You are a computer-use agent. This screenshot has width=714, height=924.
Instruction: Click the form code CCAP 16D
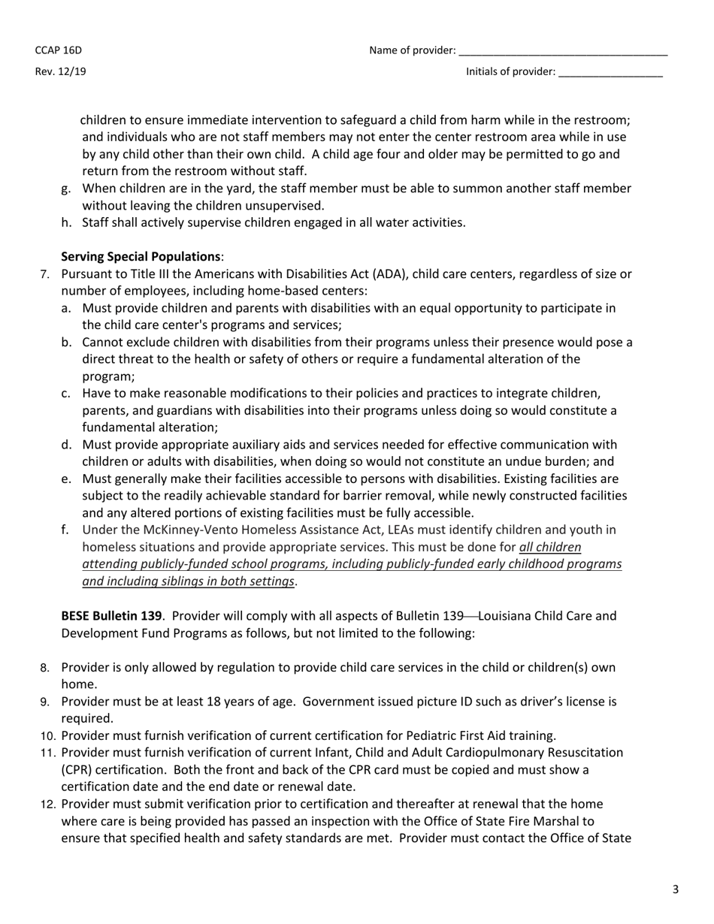pyautogui.click(x=58, y=50)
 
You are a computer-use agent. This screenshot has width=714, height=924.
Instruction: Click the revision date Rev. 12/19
pyautogui.click(x=60, y=72)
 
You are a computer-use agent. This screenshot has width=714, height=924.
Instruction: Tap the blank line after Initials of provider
pyautogui.click(x=610, y=74)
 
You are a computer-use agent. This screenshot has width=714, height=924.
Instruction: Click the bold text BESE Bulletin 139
pyautogui.click(x=111, y=616)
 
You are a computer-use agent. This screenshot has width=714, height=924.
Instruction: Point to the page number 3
pyautogui.click(x=675, y=889)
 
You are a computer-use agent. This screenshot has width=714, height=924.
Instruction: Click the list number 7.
pyautogui.click(x=44, y=274)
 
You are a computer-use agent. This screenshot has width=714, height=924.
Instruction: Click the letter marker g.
pyautogui.click(x=66, y=189)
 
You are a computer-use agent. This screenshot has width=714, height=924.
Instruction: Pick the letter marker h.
pyautogui.click(x=66, y=222)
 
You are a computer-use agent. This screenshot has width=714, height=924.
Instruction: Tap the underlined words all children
pyautogui.click(x=550, y=547)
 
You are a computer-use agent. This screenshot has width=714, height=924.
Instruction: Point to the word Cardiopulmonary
pyautogui.click(x=503, y=752)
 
